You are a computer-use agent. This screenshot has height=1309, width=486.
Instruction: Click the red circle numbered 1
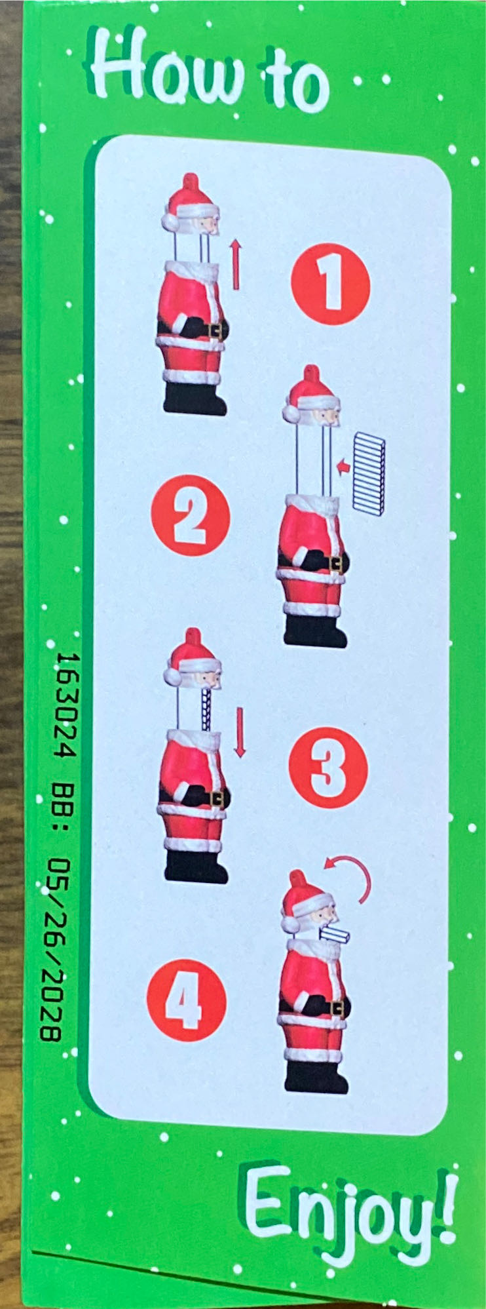331,284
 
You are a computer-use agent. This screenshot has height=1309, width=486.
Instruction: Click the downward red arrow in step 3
240,732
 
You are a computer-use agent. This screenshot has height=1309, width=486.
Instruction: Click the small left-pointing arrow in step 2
343,466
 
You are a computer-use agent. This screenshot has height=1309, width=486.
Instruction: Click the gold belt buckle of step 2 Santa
338,563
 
